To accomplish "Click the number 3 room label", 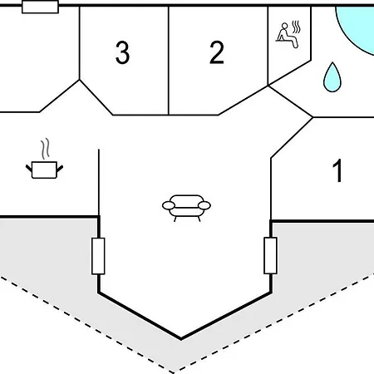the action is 122,52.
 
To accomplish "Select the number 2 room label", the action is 217,52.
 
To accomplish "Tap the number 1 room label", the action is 337,171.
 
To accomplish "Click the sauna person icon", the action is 287,36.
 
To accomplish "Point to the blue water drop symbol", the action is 332,77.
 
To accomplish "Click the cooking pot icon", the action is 44,170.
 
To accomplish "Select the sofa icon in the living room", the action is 186,208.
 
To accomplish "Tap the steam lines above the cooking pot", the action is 46,149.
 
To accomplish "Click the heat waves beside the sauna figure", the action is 297,27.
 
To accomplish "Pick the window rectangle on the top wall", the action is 40,7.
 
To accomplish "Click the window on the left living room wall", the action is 98,256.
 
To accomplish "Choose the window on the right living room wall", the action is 270,255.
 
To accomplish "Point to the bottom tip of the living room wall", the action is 181,339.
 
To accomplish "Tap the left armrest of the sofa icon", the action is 169,205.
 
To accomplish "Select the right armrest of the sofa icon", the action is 204,205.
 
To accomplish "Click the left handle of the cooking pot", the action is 29,168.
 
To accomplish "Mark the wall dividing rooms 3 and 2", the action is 169,61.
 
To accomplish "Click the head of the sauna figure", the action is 284,26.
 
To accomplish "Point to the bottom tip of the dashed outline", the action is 174,372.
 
